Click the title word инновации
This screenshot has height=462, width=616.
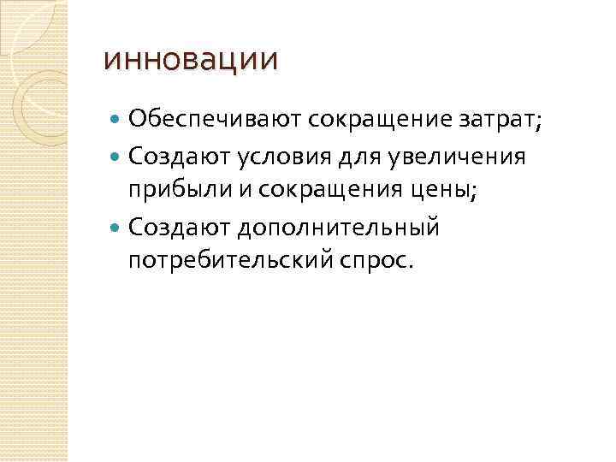click(x=190, y=61)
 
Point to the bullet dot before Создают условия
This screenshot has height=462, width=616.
click(x=117, y=157)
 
